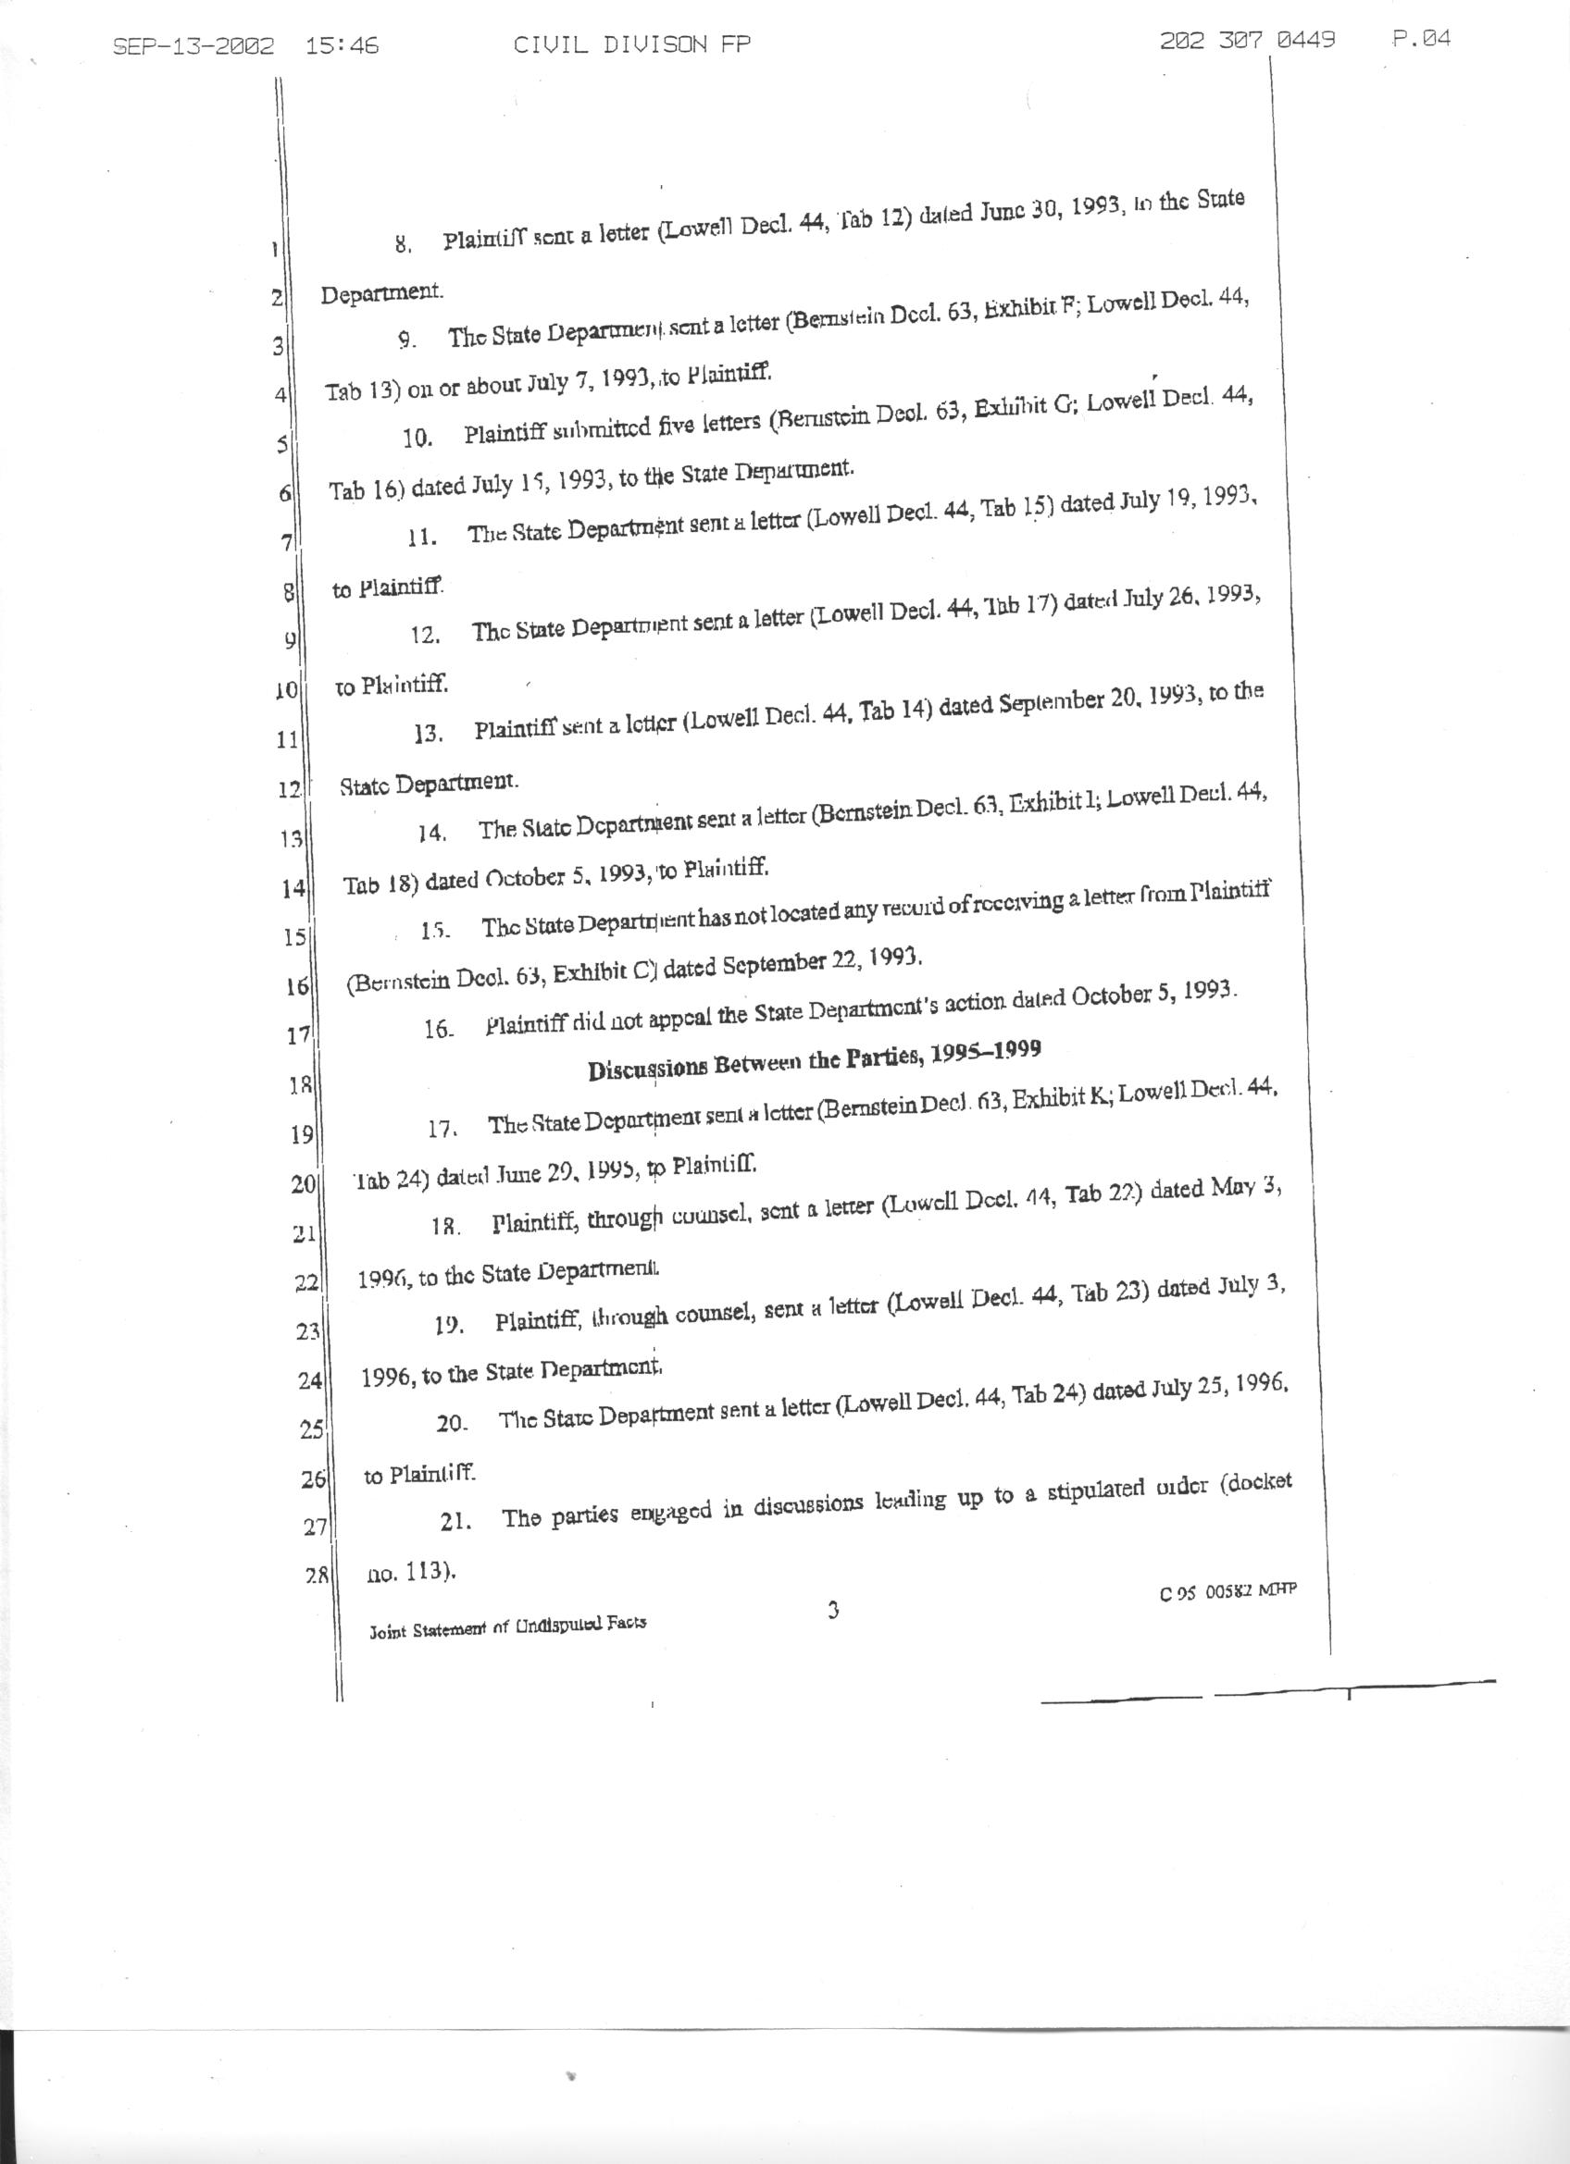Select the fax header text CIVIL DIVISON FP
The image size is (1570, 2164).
point(632,43)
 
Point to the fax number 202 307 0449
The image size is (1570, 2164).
point(1248,40)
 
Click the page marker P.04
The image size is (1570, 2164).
point(1421,39)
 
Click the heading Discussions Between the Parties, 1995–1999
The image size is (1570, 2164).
point(814,1060)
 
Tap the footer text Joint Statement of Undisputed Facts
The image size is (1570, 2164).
point(507,1626)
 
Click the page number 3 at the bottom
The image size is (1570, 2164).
point(832,1612)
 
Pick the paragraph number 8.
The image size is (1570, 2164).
point(403,244)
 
